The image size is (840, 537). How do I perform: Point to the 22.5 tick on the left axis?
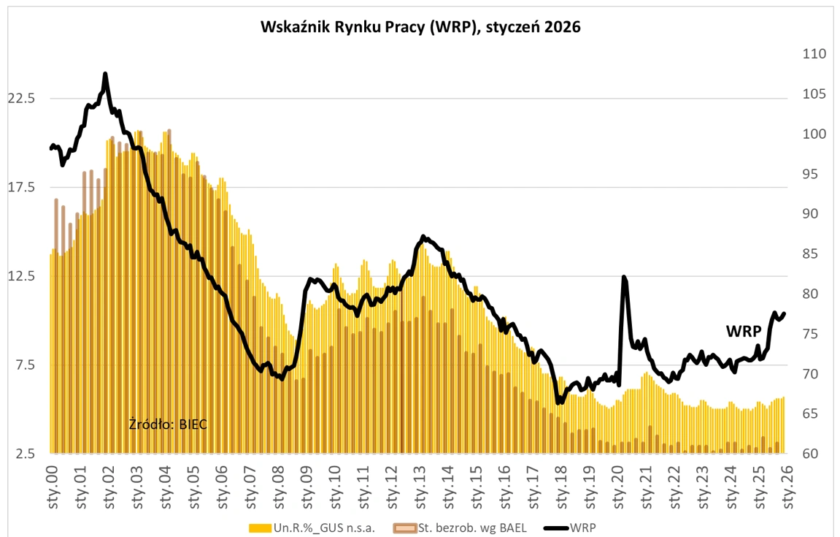pos(20,99)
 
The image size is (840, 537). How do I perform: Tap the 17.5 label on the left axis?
pos(20,188)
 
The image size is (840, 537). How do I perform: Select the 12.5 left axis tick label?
pos(20,276)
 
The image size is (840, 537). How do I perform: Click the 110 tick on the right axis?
pos(813,54)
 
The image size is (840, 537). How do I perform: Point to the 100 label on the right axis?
pos(813,134)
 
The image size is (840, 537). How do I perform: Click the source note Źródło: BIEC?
pos(168,424)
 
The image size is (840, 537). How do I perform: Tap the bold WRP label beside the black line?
pos(743,331)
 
